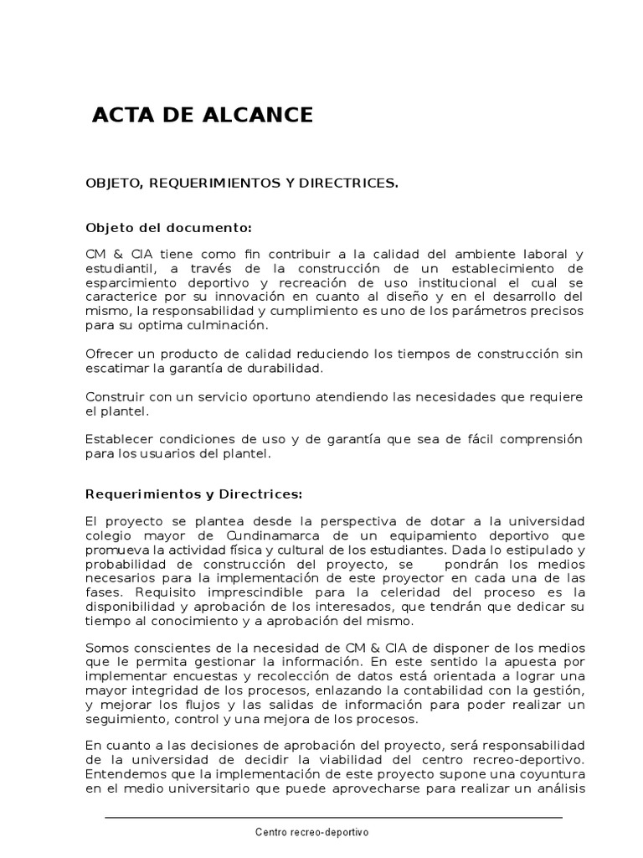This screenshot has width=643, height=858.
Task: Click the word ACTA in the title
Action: [x=120, y=115]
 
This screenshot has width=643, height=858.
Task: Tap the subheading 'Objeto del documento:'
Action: [x=168, y=227]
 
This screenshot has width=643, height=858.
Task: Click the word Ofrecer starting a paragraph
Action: [x=109, y=354]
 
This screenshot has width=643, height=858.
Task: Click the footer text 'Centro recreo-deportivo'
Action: [x=311, y=832]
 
